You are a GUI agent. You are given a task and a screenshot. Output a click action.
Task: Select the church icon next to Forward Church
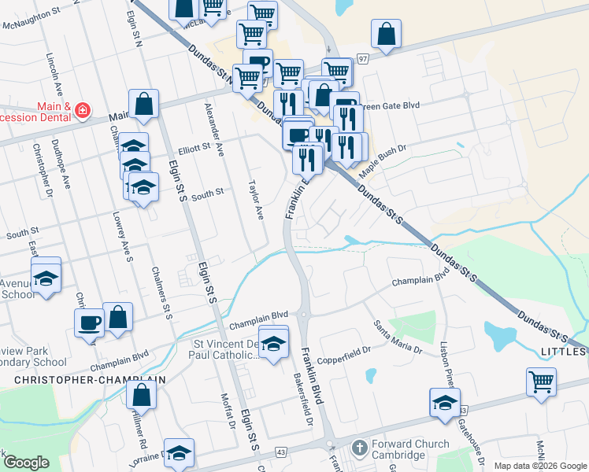click(x=358, y=448)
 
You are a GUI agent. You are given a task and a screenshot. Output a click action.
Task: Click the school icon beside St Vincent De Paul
click(x=273, y=345)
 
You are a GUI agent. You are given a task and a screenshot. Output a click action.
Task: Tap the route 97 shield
click(x=362, y=59)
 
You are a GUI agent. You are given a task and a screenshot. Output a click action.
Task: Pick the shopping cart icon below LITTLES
click(x=541, y=382)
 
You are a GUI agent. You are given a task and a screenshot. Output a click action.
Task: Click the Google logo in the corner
click(x=26, y=463)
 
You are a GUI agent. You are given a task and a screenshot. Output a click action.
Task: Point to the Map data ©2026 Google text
click(x=540, y=466)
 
